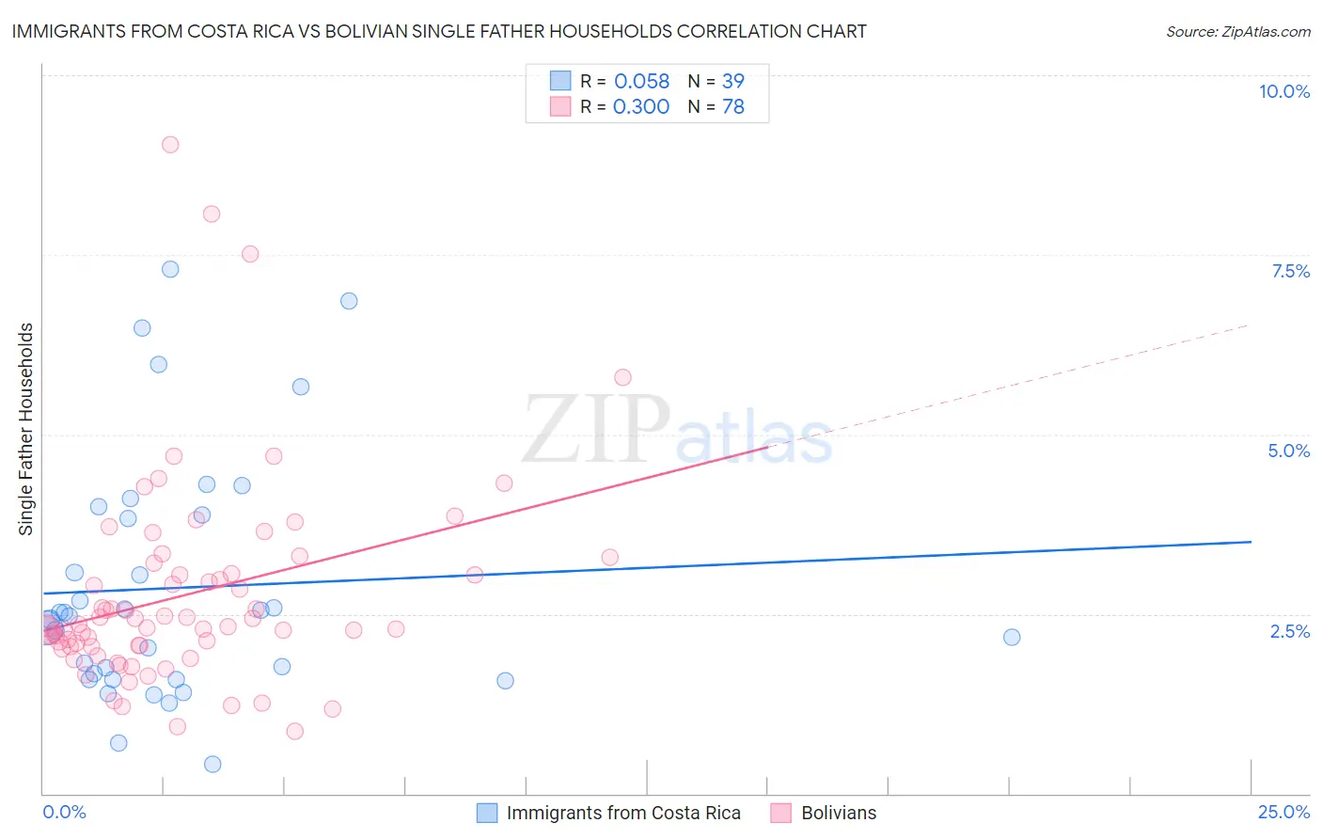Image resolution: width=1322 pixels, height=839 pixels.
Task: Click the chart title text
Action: click(439, 31)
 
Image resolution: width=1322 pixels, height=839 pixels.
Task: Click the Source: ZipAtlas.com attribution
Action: click(1237, 31)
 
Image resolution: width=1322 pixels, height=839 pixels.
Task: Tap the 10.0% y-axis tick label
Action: click(1283, 91)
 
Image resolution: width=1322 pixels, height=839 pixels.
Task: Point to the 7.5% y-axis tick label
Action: click(1290, 271)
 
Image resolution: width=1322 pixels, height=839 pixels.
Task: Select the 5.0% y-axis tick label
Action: click(1288, 451)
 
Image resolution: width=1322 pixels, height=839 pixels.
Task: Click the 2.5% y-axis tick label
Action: click(1289, 631)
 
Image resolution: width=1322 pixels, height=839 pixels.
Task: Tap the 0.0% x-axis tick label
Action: click(64, 812)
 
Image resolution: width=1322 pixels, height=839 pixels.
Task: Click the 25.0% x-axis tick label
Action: click(1283, 812)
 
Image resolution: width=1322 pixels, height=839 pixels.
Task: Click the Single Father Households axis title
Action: click(26, 429)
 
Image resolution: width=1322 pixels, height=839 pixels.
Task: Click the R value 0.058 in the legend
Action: click(641, 82)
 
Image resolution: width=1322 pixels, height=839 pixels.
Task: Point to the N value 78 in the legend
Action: click(733, 107)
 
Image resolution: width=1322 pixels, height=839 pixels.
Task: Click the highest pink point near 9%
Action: click(170, 145)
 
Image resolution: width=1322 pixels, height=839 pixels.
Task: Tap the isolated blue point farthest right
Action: click(1012, 637)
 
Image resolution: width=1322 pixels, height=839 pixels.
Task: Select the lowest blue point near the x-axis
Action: click(212, 764)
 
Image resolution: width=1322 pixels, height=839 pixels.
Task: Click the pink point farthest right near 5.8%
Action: click(622, 377)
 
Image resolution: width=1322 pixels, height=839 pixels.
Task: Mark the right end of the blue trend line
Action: click(1251, 542)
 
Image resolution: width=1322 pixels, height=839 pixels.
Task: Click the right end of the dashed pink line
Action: click(1249, 325)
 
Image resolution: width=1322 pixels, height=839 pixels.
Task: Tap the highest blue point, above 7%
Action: click(170, 269)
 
